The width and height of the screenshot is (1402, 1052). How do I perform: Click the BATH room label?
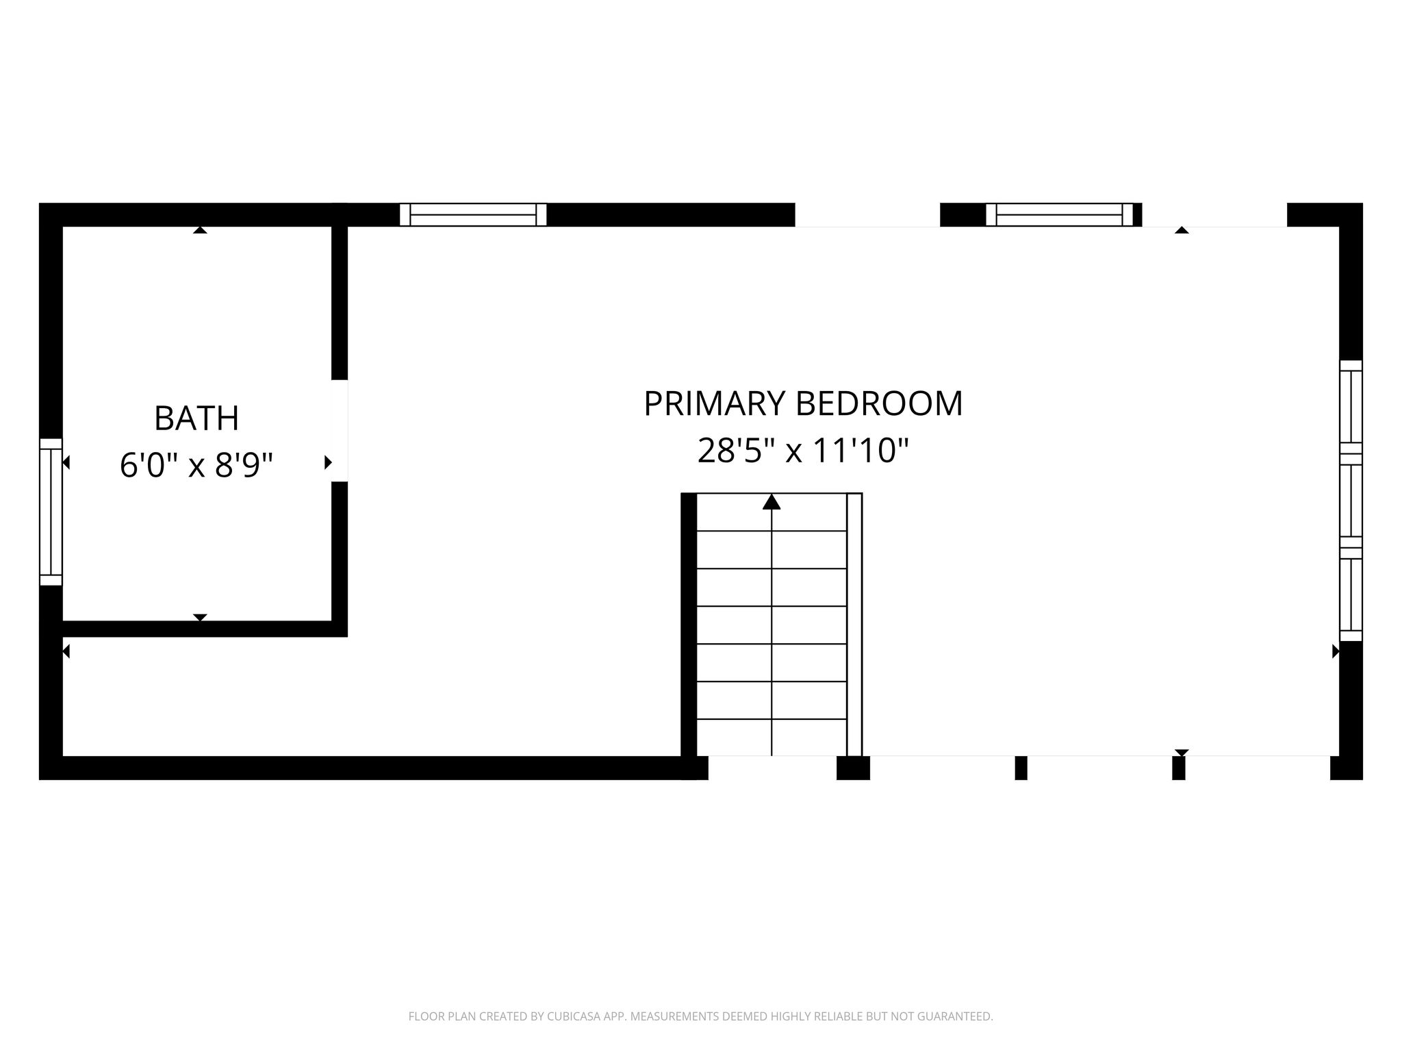pyautogui.click(x=196, y=418)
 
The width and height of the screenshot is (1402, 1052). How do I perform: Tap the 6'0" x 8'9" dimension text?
pyautogui.click(x=196, y=465)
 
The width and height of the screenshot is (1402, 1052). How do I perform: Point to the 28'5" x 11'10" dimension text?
pyautogui.click(x=803, y=451)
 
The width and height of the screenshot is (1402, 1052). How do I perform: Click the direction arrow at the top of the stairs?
pyautogui.click(x=772, y=502)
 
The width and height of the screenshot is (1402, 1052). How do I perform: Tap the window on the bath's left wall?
pyautogui.click(x=51, y=512)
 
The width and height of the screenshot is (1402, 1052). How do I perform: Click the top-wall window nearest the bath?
pyautogui.click(x=473, y=214)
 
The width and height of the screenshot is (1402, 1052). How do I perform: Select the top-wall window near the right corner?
pyautogui.click(x=1060, y=214)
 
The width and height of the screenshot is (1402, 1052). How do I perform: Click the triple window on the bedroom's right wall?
pyautogui.click(x=1351, y=501)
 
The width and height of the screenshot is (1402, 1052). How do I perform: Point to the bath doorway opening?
pyautogui.click(x=340, y=431)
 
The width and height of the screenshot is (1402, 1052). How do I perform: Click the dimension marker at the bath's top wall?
pyautogui.click(x=200, y=230)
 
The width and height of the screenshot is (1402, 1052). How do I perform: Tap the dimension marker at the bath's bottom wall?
pyautogui.click(x=200, y=618)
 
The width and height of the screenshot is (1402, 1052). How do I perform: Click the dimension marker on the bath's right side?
pyautogui.click(x=328, y=462)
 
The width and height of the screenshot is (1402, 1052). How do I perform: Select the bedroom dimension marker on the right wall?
pyautogui.click(x=1336, y=651)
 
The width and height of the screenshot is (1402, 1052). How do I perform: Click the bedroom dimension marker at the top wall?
pyautogui.click(x=1182, y=230)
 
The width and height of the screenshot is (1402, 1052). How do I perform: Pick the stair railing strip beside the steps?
pyautogui.click(x=854, y=624)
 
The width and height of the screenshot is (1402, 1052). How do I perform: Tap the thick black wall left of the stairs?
pyautogui.click(x=689, y=624)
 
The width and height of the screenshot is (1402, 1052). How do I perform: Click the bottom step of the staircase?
pyautogui.click(x=772, y=738)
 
